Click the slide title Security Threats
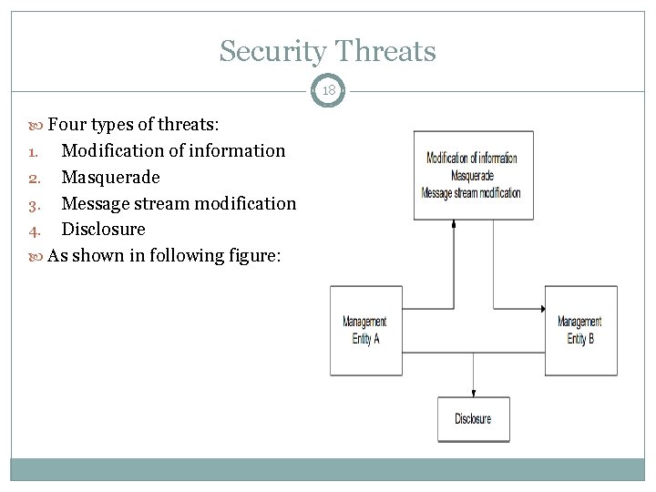click(327, 51)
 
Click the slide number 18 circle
click(328, 91)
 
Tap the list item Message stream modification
click(179, 203)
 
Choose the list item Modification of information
click(173, 150)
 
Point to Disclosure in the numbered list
click(103, 229)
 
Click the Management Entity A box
click(365, 330)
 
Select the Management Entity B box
click(580, 330)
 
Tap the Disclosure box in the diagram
click(473, 419)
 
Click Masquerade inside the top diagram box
click(472, 175)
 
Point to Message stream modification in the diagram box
click(472, 192)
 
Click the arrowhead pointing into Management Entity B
click(540, 308)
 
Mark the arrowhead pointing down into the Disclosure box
click(473, 392)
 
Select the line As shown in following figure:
click(164, 255)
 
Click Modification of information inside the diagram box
click(472, 158)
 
